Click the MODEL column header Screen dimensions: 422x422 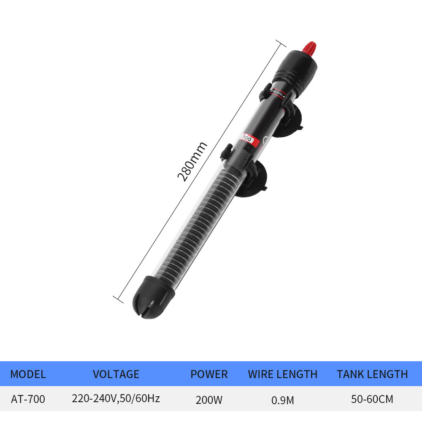click(28, 374)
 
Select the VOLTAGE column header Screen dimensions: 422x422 click(116, 374)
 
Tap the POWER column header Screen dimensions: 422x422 click(209, 374)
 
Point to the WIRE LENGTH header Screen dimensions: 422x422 click(283, 374)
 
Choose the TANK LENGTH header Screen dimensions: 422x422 click(372, 374)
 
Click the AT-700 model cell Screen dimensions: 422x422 click(28, 399)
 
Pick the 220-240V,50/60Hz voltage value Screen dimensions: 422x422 click(116, 398)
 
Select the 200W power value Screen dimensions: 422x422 click(209, 400)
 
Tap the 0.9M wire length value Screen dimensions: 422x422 click(283, 400)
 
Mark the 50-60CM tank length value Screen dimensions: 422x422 click(372, 399)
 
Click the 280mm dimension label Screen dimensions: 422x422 click(192, 162)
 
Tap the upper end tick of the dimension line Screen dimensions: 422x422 click(281, 44)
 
